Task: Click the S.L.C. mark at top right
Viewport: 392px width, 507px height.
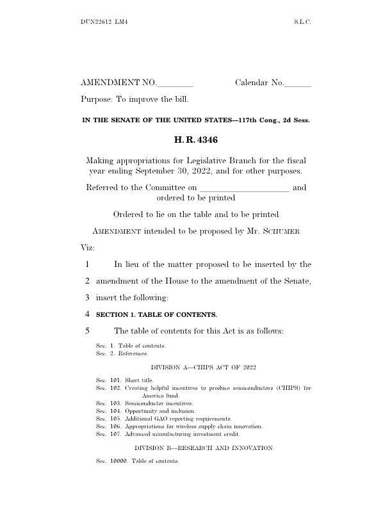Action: point(302,22)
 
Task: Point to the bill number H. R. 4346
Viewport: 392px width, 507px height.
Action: point(195,139)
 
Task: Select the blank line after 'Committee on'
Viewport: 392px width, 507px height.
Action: point(244,188)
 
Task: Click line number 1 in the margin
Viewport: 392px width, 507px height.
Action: point(86,264)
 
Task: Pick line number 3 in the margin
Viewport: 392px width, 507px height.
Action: point(86,297)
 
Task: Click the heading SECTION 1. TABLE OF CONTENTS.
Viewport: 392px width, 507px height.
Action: point(156,314)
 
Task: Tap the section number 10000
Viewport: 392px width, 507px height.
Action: point(118,461)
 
